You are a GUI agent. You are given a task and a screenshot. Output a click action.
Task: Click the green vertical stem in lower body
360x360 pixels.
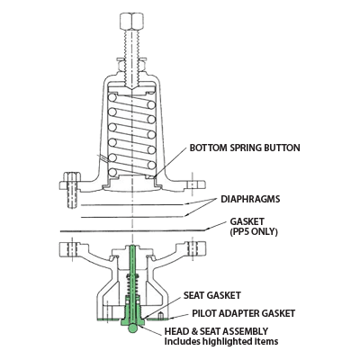pos(132,279)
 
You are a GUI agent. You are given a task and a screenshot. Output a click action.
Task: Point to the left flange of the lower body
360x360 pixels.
pos(76,246)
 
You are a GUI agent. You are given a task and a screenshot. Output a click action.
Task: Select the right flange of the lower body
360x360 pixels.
pos(193,246)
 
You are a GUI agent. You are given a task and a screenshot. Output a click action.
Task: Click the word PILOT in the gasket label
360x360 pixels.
pos(204,312)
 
